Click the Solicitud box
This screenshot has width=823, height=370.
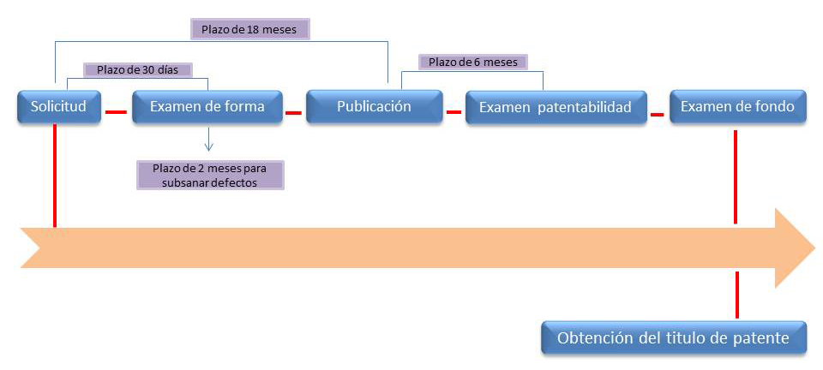[x=59, y=107]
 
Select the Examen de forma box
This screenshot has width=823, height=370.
[x=207, y=107]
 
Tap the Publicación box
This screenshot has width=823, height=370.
[x=375, y=107]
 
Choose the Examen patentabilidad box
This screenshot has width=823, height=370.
[x=556, y=108]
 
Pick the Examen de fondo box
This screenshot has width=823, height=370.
[x=737, y=107]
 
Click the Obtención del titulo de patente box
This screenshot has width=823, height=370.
[x=674, y=338]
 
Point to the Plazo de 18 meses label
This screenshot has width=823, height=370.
[x=249, y=29]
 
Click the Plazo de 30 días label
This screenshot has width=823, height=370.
[x=137, y=69]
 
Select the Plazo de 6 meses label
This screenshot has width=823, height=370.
[x=473, y=62]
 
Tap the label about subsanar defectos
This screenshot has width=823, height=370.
[x=210, y=175]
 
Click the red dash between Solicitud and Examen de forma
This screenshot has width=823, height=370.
[x=116, y=111]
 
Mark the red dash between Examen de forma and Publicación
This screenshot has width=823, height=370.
[x=293, y=112]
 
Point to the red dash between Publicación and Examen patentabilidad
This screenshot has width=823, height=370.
[x=454, y=111]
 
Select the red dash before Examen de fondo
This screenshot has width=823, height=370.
[x=658, y=114]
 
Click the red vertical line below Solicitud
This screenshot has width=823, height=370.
[x=55, y=176]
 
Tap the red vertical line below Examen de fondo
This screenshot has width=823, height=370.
[x=736, y=177]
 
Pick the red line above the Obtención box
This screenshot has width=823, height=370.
[x=737, y=295]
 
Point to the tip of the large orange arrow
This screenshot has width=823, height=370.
[x=815, y=248]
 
